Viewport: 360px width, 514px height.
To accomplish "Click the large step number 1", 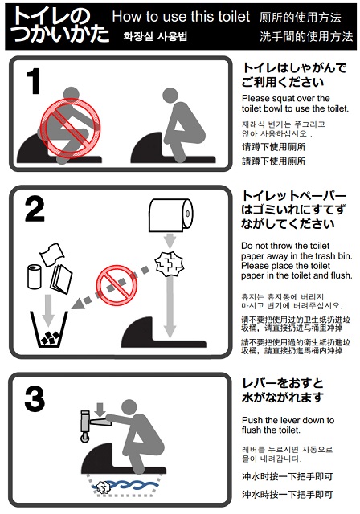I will click(33, 82).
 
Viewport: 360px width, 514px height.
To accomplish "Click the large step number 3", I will click(34, 399).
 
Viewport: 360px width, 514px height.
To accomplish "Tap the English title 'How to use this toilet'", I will click(181, 17).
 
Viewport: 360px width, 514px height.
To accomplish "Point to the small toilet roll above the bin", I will click(35, 276).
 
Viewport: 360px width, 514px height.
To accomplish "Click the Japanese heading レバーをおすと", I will click(282, 383).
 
